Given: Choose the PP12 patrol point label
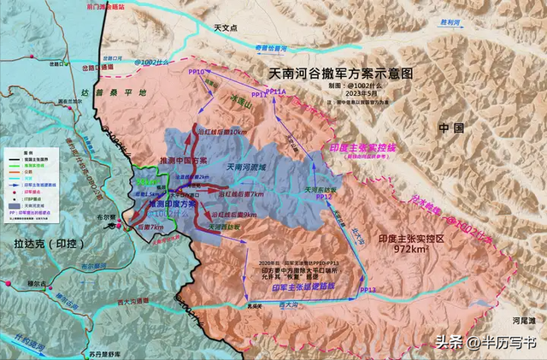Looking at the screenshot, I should point(323,198).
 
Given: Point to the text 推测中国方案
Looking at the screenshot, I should point(183,160).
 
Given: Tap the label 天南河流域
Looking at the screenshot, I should point(253,167).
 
